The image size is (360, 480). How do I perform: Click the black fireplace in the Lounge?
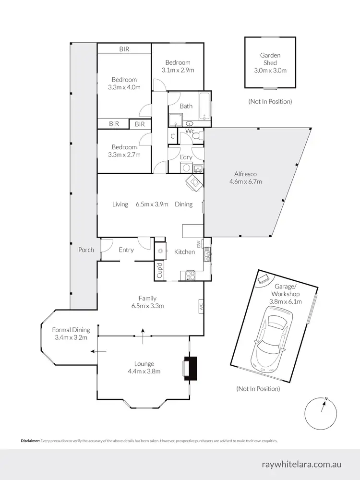click(x=192, y=368)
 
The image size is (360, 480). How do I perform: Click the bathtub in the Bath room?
click(x=205, y=106)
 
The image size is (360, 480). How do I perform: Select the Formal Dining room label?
click(x=71, y=334)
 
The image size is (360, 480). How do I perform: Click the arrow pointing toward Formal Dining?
click(x=100, y=351)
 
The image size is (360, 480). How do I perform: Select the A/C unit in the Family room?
click(x=201, y=305)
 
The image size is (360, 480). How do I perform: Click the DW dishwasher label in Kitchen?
click(x=198, y=244)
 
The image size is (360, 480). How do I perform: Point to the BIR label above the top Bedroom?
click(x=124, y=49)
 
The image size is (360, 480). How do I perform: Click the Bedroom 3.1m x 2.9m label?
click(x=178, y=66)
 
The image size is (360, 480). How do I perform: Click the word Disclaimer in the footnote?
click(x=30, y=441)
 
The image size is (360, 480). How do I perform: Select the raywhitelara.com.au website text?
click(x=302, y=465)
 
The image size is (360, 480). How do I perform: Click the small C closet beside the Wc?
click(x=172, y=136)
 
